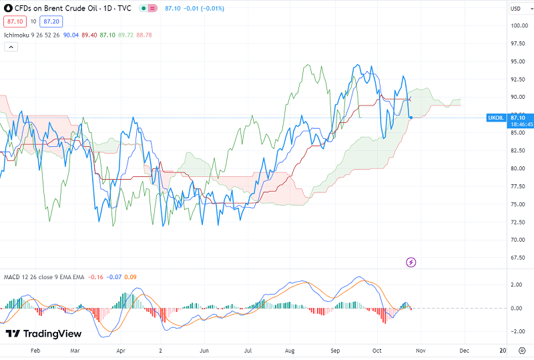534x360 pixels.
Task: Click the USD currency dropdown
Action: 516,9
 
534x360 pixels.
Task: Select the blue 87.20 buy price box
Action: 50,21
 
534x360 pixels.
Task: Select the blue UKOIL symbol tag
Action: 496,118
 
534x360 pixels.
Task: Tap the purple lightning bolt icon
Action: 411,262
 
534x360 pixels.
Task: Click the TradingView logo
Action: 43,333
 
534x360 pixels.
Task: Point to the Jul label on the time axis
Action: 248,350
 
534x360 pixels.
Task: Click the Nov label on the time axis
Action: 421,350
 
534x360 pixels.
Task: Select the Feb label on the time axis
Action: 36,350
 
